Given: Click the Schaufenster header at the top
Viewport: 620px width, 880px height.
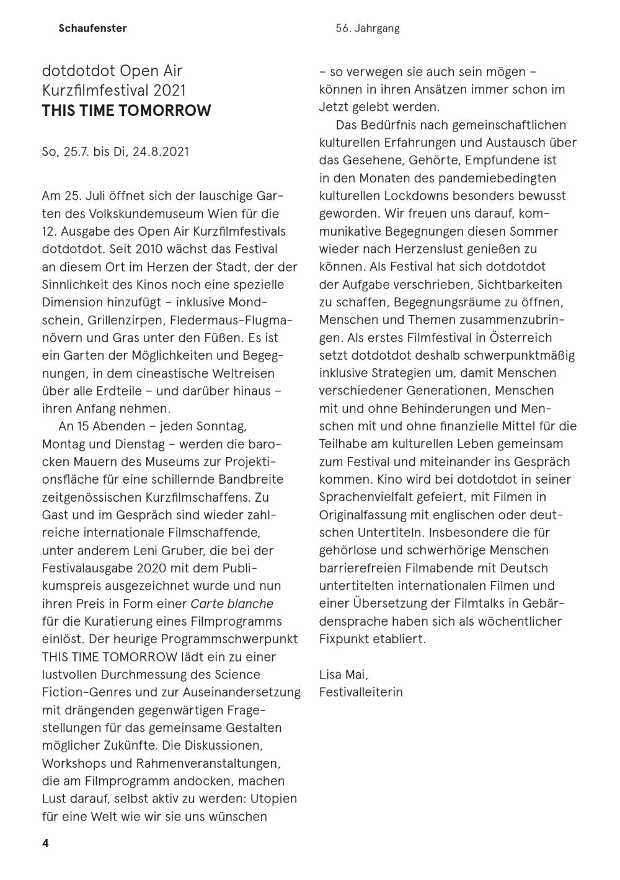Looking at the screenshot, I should coord(92,28).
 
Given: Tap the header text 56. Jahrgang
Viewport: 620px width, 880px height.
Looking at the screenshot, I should coord(368,28).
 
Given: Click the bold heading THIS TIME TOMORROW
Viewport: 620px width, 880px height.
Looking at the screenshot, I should coord(126,111).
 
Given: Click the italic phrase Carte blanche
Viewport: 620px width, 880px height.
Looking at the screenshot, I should coord(232,604).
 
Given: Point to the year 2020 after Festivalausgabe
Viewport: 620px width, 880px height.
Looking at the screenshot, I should coord(153,568).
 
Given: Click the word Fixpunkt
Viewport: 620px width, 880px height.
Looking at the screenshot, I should coord(344,639).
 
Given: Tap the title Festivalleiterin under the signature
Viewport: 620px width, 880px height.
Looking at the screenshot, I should coord(361,692).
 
